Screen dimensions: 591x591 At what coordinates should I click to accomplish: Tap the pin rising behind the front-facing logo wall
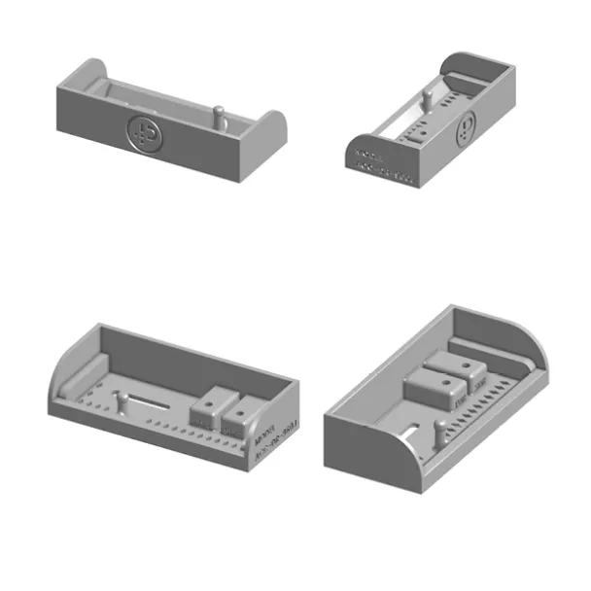pyautogui.click(x=221, y=116)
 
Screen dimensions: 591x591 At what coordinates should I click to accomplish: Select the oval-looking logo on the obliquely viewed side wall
pyautogui.click(x=468, y=124)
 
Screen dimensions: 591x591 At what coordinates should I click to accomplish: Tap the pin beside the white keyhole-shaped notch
pyautogui.click(x=439, y=434)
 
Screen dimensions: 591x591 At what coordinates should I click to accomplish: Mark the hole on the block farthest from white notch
pyautogui.click(x=468, y=366)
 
